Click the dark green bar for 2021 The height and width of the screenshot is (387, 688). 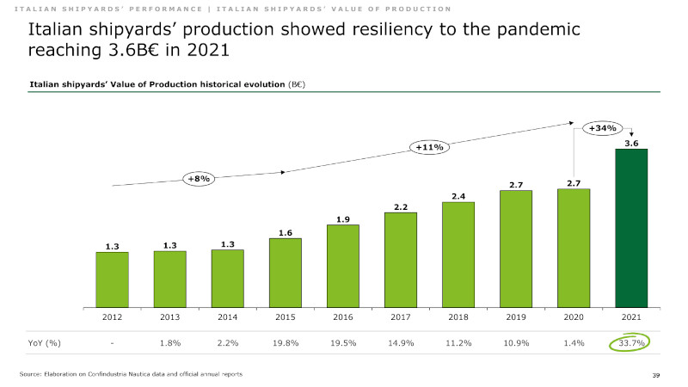click(630, 228)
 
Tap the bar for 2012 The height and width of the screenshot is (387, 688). click(112, 279)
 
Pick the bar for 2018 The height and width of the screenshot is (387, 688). click(458, 254)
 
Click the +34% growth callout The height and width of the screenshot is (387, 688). click(601, 128)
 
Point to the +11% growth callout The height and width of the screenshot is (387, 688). click(429, 147)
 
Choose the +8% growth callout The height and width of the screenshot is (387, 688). click(199, 179)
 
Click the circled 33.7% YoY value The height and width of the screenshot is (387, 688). click(630, 343)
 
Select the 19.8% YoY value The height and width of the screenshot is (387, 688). click(285, 343)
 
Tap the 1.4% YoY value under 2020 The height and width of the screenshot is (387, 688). click(573, 343)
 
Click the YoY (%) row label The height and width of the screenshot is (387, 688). click(40, 343)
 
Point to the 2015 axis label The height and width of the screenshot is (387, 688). click(285, 317)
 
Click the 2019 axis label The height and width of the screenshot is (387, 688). click(515, 317)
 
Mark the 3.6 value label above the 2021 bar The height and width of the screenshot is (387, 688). click(630, 144)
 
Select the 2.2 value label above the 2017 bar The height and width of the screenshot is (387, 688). click(400, 207)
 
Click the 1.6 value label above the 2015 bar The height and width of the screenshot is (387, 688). click(285, 233)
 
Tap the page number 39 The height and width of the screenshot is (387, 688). click(656, 376)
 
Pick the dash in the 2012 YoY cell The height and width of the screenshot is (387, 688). click(112, 343)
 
